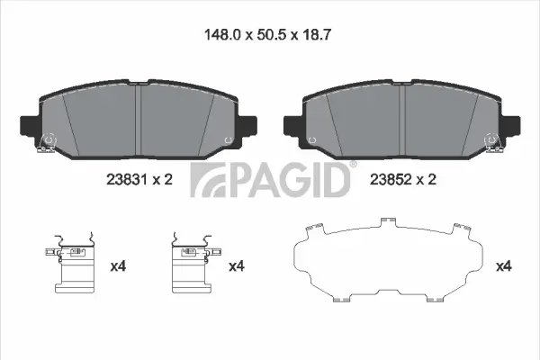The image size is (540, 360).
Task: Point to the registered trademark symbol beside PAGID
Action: pos(353,165)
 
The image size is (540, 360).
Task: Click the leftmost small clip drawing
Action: pos(75,265)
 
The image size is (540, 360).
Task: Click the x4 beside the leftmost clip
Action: pos(117,265)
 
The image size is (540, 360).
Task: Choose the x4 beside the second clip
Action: pos(236,265)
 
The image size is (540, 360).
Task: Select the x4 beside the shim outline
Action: pos(503,265)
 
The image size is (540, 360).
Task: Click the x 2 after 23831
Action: pos(161,180)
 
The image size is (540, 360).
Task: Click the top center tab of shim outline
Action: pos(389,219)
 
